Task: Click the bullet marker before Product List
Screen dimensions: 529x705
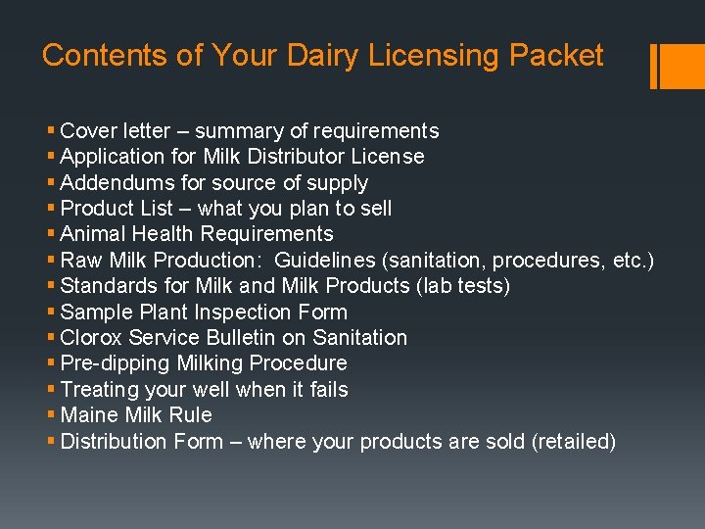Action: point(51,209)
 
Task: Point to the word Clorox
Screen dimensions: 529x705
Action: point(93,338)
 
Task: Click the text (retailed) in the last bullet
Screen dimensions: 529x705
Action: point(574,442)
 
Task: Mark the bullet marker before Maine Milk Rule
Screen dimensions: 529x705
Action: point(51,415)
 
